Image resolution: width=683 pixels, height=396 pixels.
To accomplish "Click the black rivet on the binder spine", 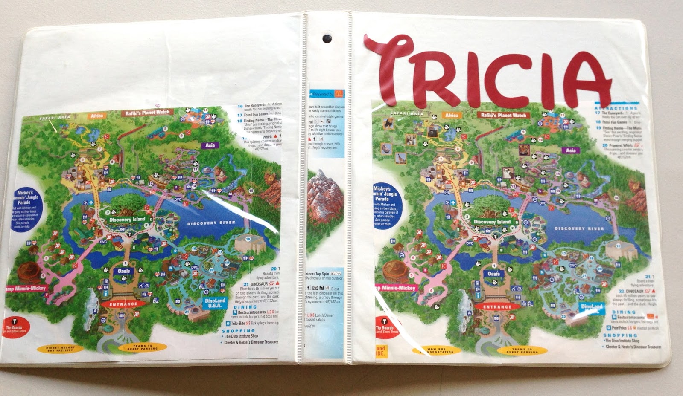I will pos(327,38).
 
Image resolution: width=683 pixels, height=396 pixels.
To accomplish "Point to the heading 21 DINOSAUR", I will pos(258,284).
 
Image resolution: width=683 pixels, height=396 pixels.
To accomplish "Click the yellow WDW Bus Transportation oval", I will pos(436,351).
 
